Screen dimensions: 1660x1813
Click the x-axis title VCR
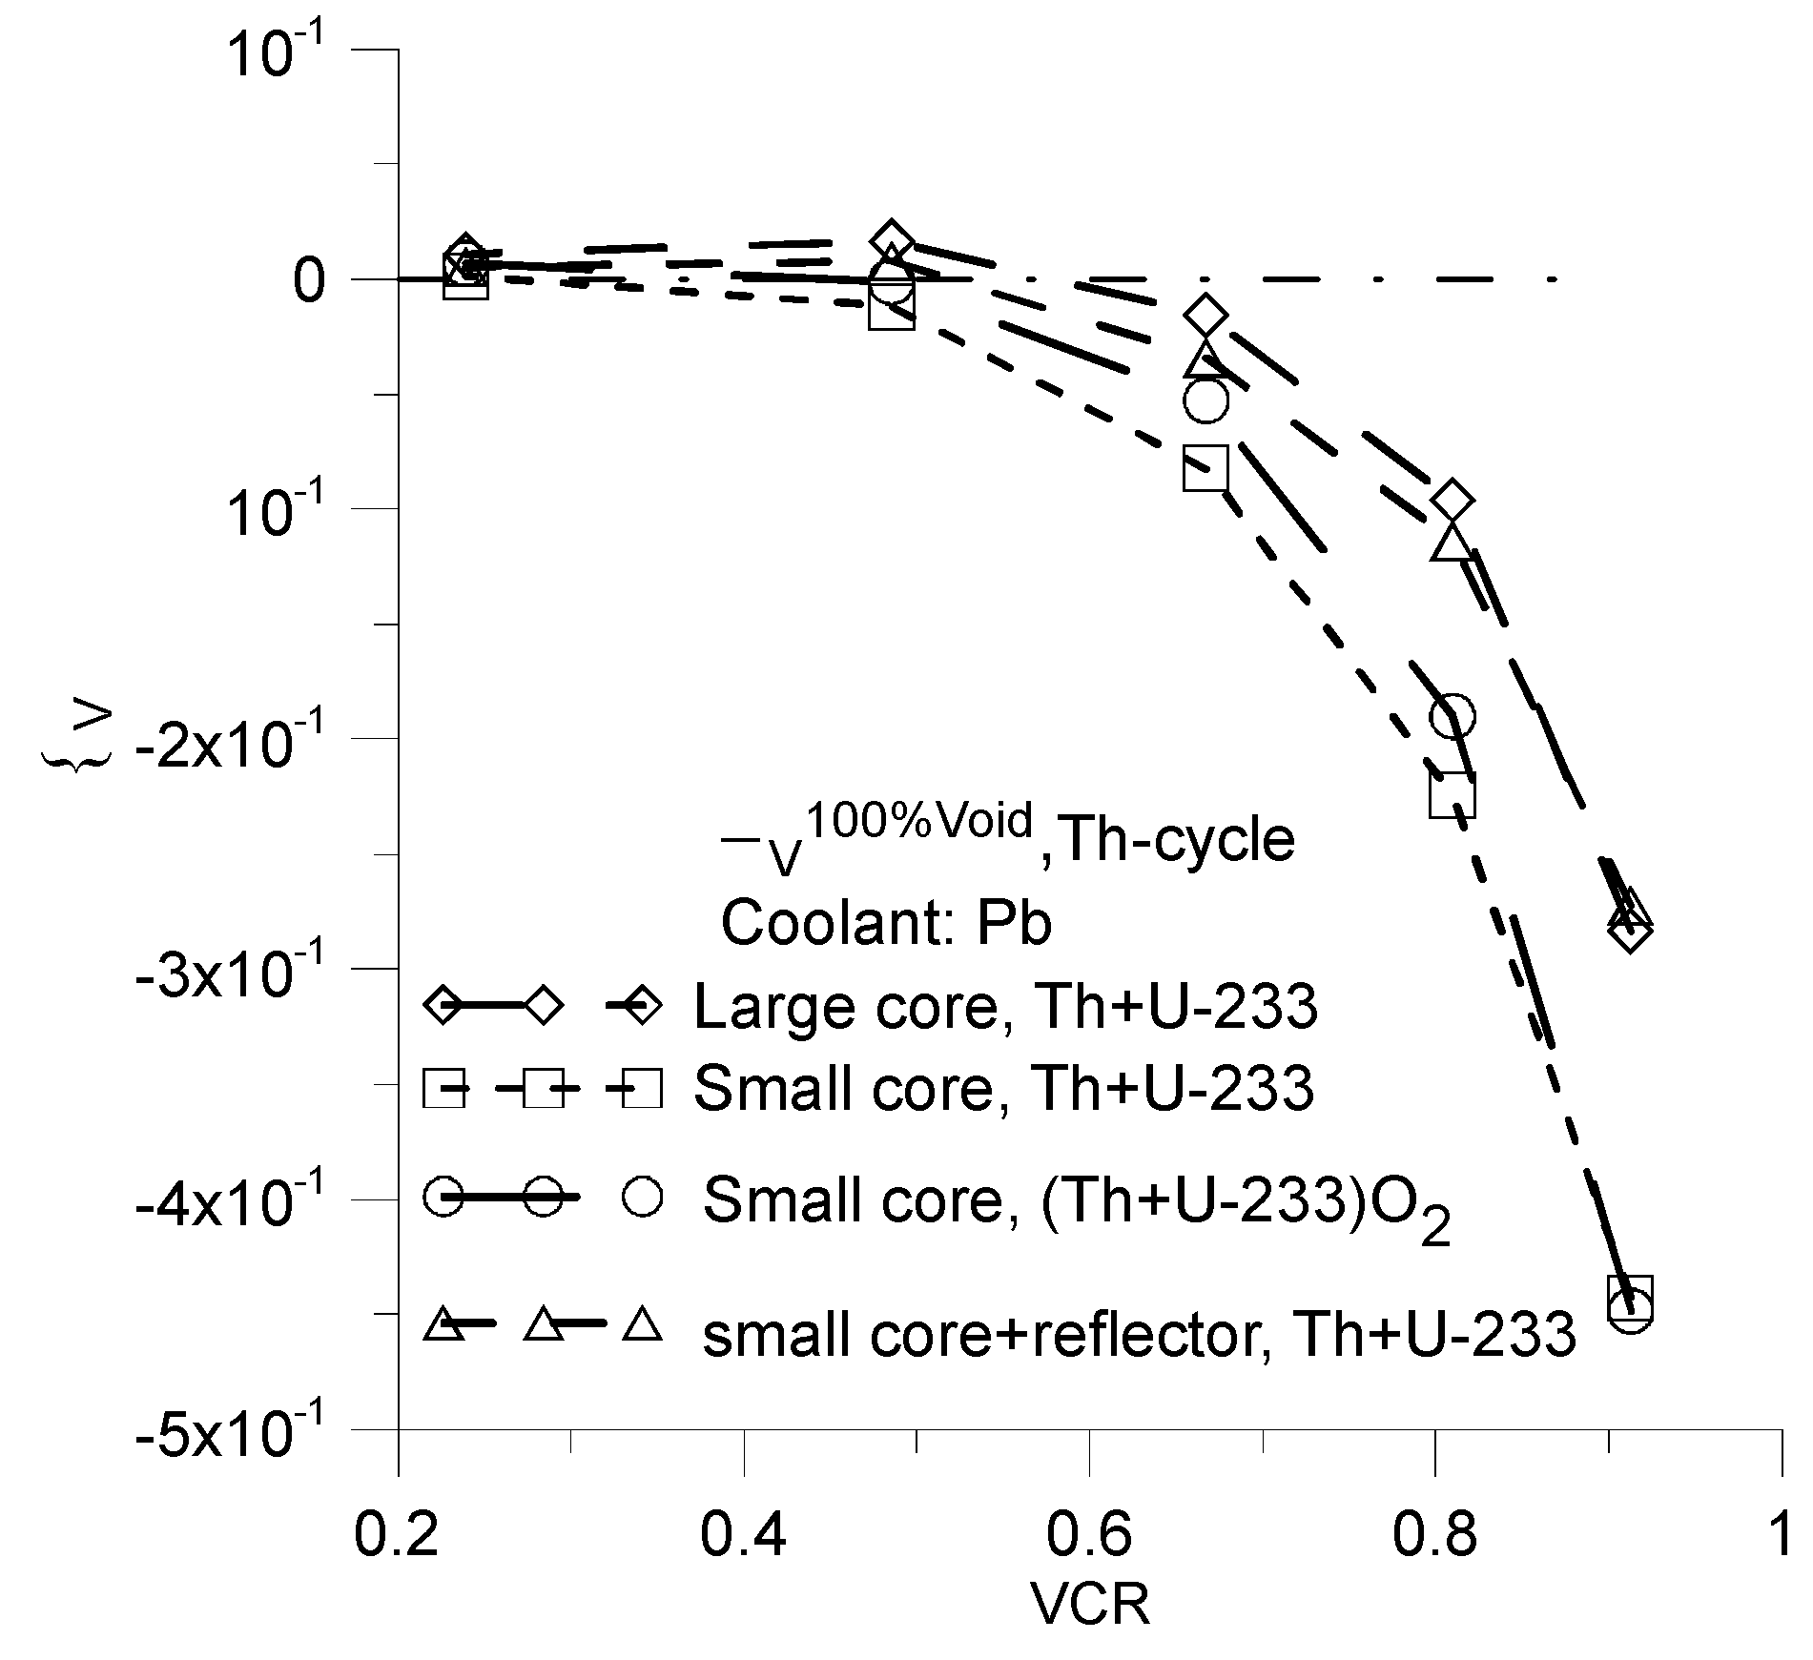1090,1605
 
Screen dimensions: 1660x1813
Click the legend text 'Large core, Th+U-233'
1005,1007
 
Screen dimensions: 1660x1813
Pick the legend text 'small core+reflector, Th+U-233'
1139,1334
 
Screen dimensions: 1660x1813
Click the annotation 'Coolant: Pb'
886,923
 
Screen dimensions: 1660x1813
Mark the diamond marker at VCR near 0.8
1452,500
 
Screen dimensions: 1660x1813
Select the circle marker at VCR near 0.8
1452,715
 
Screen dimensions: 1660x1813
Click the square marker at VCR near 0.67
1206,467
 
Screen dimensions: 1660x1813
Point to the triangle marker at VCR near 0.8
1452,543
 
